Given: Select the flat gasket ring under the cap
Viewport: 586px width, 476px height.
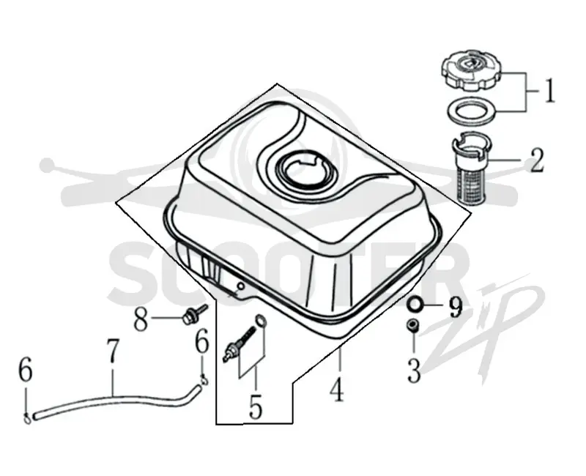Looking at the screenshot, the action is (x=472, y=111).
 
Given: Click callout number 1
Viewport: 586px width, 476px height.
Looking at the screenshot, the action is (x=548, y=90).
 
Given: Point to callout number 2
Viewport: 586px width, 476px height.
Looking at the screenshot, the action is (x=536, y=160).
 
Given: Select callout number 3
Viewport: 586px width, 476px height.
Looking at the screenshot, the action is (x=414, y=370).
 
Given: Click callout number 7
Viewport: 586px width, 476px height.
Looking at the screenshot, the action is (x=113, y=352).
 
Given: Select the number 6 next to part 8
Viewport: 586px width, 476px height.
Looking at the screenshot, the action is (x=202, y=341).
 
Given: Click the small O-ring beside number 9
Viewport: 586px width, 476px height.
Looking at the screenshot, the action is (x=414, y=305).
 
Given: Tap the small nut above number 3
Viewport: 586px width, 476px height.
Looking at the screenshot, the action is (x=413, y=325).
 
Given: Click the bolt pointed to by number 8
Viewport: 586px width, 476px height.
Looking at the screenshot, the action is (x=193, y=315).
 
